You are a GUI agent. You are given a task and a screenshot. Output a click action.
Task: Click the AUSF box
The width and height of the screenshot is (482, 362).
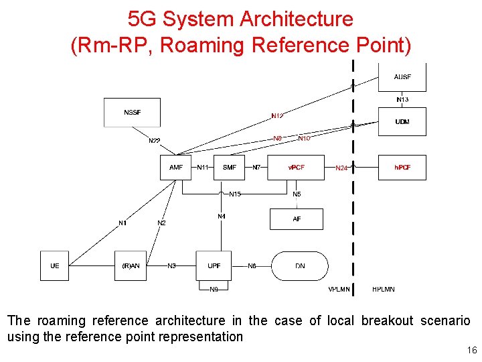tap(402, 76)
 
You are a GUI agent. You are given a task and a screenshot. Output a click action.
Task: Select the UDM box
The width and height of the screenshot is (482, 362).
tap(402, 122)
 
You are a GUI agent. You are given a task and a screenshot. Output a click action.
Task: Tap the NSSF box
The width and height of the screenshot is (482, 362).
tap(132, 112)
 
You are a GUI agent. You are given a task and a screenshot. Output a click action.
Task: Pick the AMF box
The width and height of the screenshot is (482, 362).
tap(175, 167)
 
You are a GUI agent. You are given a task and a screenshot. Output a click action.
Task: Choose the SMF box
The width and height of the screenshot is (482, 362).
tap(230, 167)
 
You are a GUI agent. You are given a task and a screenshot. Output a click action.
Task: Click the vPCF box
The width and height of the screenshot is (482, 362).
tap(295, 167)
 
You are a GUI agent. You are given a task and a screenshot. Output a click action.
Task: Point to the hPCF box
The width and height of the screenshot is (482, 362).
tap(402, 167)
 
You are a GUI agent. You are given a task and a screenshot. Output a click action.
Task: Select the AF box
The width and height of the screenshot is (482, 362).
tap(297, 219)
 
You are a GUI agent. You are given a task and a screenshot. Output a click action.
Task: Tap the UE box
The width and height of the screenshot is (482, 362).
tap(55, 266)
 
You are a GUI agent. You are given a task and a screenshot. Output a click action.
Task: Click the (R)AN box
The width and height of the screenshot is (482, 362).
tap(131, 266)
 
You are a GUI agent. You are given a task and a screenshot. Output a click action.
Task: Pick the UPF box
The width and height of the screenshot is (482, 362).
tap(214, 266)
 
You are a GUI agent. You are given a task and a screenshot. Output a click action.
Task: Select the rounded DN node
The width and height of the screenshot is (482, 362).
tap(300, 266)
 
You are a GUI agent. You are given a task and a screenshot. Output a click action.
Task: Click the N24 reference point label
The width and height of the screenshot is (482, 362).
tap(341, 168)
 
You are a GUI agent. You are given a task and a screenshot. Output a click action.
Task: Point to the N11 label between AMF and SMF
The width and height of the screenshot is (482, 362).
tap(203, 167)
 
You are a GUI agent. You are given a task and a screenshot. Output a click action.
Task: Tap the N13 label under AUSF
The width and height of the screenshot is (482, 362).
tap(402, 99)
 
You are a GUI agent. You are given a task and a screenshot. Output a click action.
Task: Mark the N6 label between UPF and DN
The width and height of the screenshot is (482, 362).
tap(252, 266)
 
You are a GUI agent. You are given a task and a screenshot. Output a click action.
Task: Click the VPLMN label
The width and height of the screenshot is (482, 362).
tap(339, 290)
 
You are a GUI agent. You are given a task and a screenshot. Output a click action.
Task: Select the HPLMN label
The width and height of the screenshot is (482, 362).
tap(384, 290)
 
